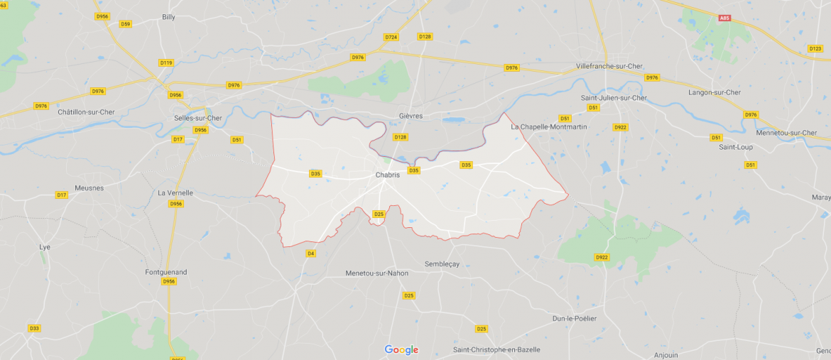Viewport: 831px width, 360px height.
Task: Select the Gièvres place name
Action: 411,116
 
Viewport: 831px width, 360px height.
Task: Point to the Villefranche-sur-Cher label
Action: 609,66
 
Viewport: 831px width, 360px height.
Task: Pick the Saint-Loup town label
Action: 736,147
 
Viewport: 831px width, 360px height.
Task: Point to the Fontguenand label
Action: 165,272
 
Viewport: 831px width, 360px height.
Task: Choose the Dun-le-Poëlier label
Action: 575,318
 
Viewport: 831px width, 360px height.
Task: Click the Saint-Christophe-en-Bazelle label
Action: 496,349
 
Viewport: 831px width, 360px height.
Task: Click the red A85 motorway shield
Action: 724,18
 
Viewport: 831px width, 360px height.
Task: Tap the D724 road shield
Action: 391,36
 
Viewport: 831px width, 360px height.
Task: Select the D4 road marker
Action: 310,253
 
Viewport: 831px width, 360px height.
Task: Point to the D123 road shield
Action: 815,48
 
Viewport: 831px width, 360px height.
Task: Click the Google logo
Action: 401,349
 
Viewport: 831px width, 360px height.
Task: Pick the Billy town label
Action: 168,16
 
